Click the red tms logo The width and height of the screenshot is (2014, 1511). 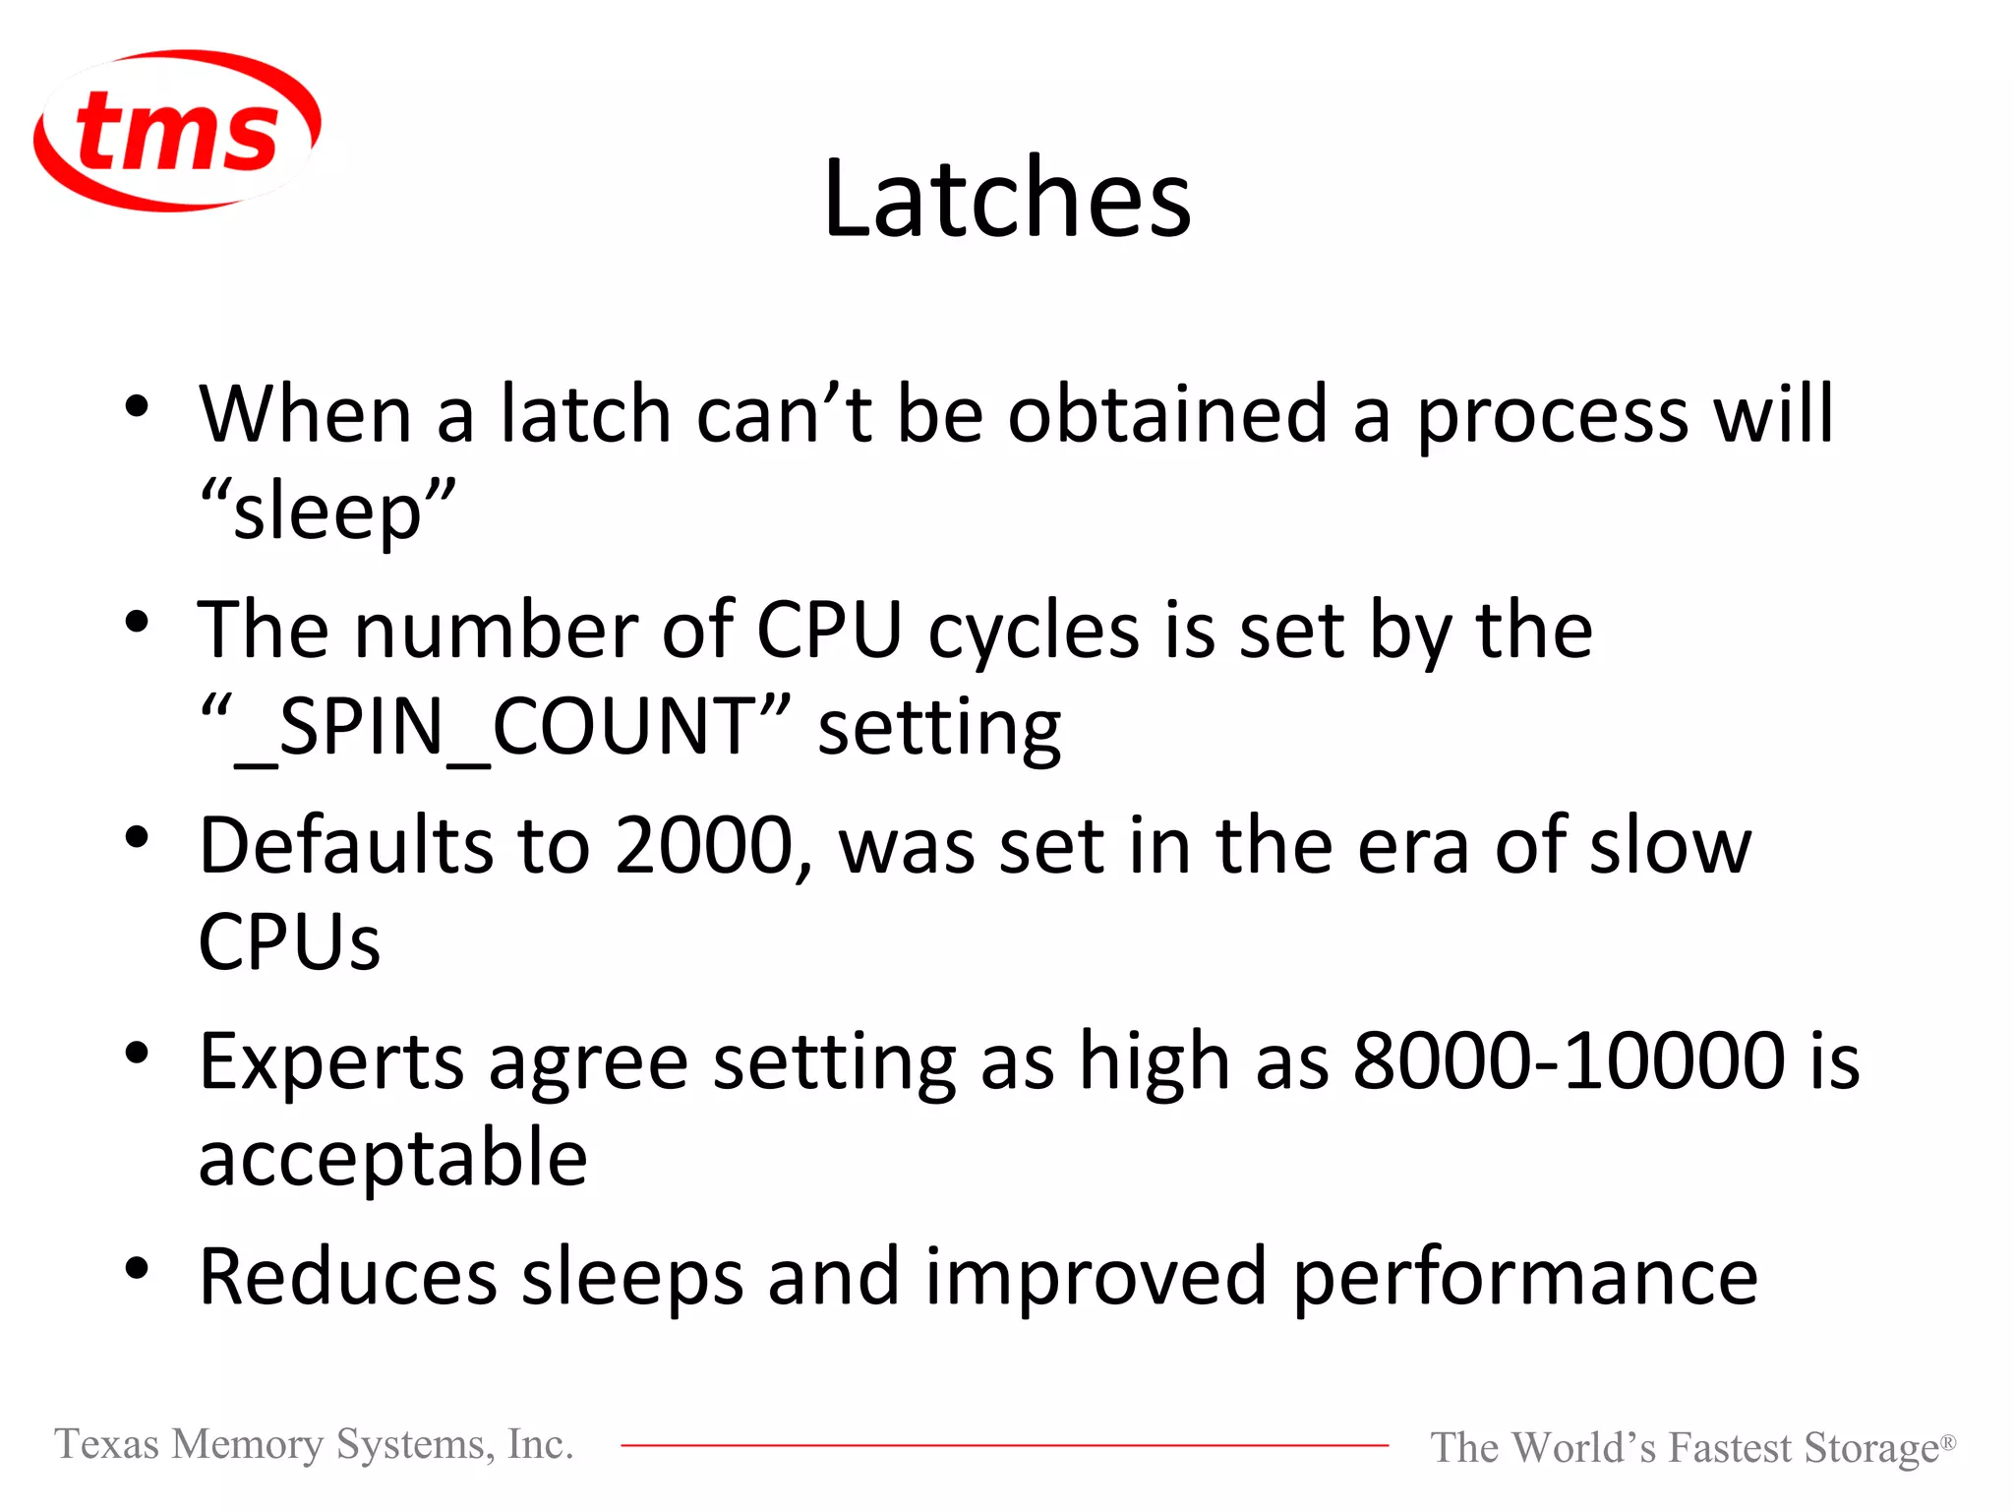point(177,131)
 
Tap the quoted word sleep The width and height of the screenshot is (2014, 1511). point(328,512)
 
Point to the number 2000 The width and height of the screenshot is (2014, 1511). point(704,845)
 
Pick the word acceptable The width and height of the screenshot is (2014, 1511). point(393,1158)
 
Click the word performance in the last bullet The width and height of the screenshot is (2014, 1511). point(1524,1277)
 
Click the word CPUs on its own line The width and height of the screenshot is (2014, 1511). point(289,942)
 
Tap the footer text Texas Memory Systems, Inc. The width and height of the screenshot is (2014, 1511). point(314,1444)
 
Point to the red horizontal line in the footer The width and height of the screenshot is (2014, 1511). point(1003,1445)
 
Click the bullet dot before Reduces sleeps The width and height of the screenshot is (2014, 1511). point(137,1269)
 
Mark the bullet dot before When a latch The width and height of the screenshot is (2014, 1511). point(137,405)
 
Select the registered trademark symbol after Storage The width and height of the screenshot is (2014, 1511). point(1947,1442)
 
